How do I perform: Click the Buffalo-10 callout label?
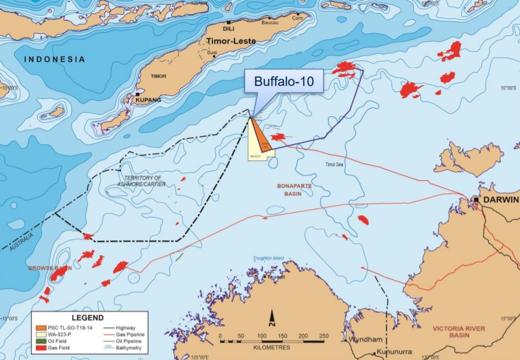tap(284, 82)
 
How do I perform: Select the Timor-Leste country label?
tap(231, 41)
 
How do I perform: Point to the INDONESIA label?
tap(55, 59)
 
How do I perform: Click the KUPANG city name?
tap(148, 100)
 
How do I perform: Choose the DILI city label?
tap(228, 28)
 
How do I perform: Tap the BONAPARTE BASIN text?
tap(295, 190)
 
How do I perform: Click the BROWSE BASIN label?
tap(50, 268)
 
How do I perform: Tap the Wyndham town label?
tap(366, 339)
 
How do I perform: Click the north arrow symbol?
tap(271, 318)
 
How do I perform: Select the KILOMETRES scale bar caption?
tap(271, 347)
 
